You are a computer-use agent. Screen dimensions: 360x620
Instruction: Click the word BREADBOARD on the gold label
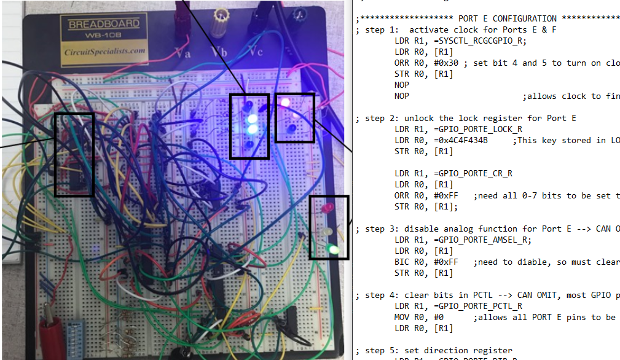click(95, 25)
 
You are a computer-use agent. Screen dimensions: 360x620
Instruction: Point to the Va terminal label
click(182, 52)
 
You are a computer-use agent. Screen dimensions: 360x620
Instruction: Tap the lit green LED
click(332, 249)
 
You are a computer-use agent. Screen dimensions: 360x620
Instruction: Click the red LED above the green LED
click(328, 208)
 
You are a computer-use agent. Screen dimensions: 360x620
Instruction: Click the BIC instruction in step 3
click(402, 262)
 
